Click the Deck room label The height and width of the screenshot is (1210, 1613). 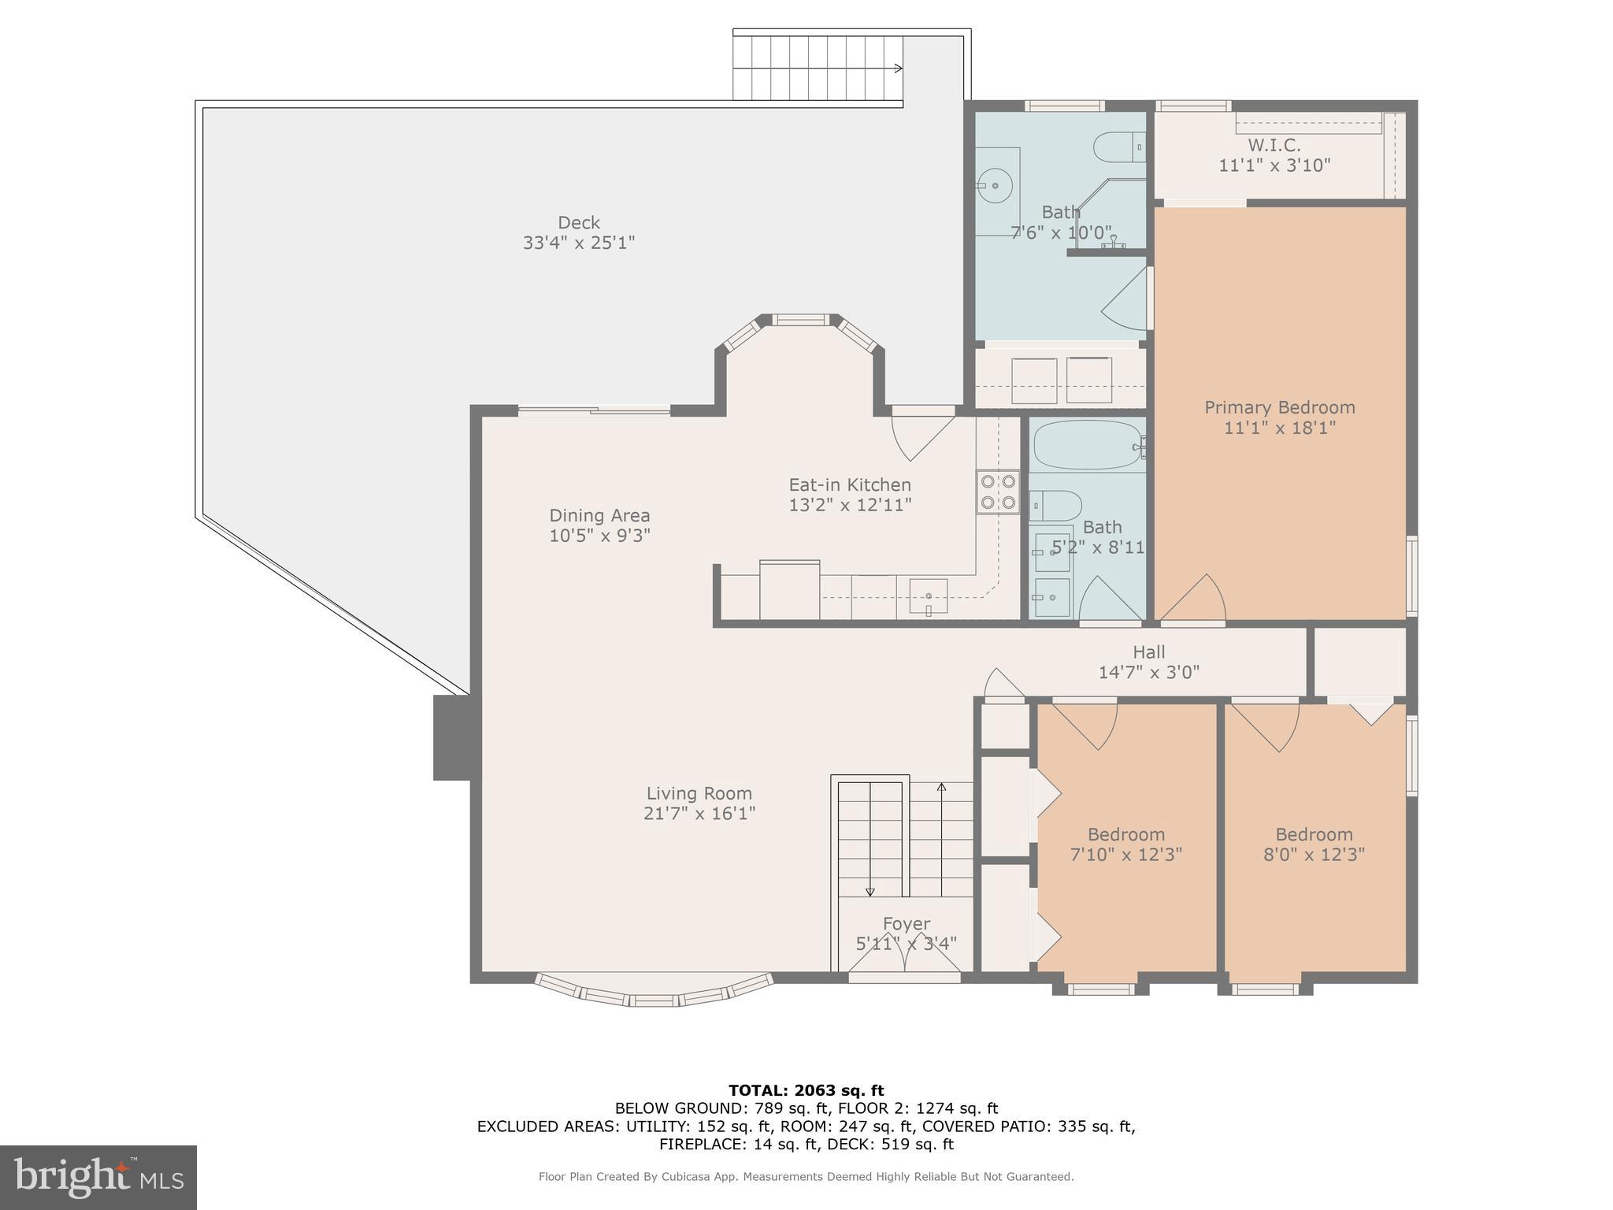[x=579, y=232]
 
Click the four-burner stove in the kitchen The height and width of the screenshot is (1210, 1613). [x=998, y=492]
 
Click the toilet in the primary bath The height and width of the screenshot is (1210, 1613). [x=1118, y=147]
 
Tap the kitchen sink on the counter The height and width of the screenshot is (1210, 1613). [x=929, y=596]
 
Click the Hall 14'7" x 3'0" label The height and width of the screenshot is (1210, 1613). [x=1148, y=662]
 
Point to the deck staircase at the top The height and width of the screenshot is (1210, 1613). [x=817, y=69]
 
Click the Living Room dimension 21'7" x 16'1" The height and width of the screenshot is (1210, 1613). [x=699, y=814]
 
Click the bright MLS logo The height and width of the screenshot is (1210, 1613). [x=98, y=1177]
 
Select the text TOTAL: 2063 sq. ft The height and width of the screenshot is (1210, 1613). [x=806, y=1090]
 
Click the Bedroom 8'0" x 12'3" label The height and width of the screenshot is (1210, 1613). [x=1314, y=844]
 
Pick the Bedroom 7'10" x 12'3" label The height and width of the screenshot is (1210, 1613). [x=1125, y=844]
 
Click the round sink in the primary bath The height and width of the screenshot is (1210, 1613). [x=995, y=186]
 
